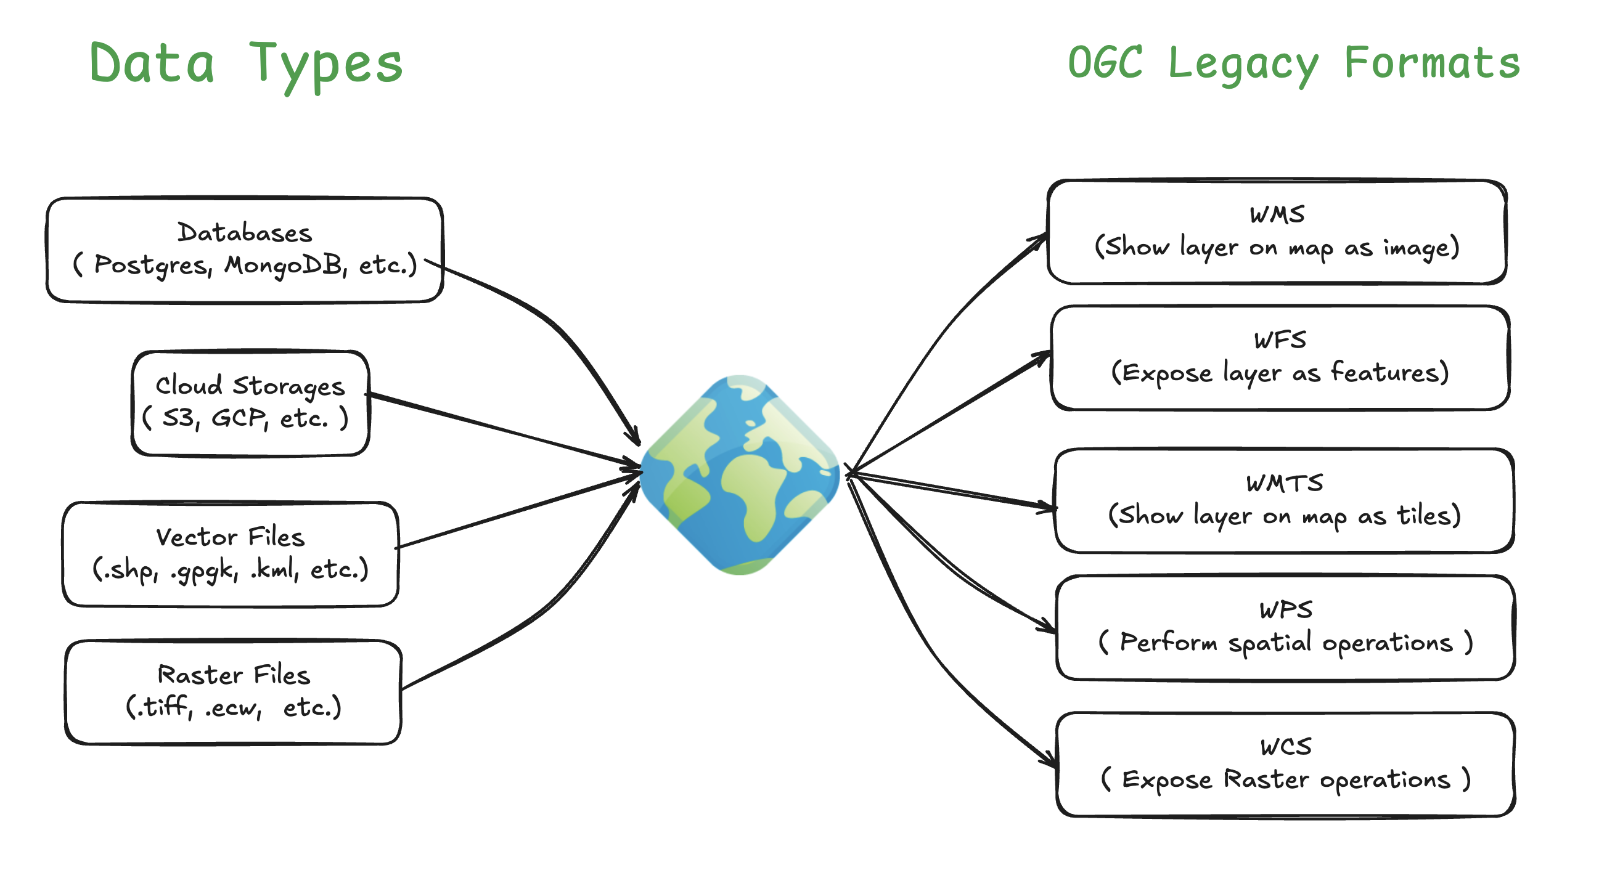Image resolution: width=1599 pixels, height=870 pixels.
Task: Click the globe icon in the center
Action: (x=740, y=474)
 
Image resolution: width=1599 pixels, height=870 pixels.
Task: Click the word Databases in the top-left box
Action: (x=245, y=233)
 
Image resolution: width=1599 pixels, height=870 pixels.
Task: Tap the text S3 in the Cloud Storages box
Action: (x=178, y=418)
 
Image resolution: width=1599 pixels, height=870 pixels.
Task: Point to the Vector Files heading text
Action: (x=231, y=537)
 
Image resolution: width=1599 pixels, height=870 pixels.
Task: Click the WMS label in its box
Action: (x=1277, y=214)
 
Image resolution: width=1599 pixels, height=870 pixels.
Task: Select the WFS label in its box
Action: (x=1279, y=340)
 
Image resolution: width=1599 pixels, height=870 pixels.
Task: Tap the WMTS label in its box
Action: (x=1284, y=484)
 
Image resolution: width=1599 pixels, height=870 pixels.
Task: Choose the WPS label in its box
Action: (x=1285, y=610)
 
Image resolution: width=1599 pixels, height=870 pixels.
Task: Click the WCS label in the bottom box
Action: (x=1285, y=747)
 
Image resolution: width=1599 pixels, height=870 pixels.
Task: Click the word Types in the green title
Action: (x=326, y=65)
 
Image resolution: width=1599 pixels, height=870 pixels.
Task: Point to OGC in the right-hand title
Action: (x=1105, y=63)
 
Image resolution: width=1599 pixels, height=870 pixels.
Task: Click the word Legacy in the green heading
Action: (x=1243, y=65)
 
